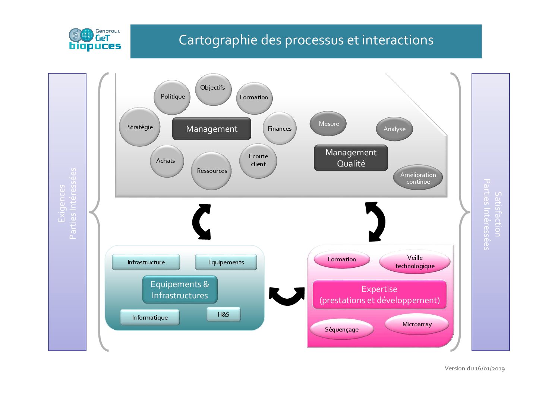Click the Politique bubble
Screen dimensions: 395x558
point(172,97)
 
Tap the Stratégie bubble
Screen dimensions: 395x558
point(140,127)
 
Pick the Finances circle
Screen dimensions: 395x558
point(280,128)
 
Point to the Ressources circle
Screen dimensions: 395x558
point(211,171)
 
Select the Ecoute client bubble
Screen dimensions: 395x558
point(258,161)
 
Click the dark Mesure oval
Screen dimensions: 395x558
point(328,124)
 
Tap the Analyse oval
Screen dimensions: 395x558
point(394,129)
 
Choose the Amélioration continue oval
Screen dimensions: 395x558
point(418,178)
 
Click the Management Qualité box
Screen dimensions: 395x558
point(351,158)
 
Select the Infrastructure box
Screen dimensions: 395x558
point(146,262)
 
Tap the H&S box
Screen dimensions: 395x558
point(223,314)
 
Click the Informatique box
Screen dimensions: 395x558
point(150,317)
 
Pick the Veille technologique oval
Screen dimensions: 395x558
point(414,262)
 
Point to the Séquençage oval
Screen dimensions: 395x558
point(341,329)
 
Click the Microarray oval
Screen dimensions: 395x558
point(417,324)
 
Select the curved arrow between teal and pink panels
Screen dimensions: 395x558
point(286,295)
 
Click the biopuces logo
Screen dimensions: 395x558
point(95,40)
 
